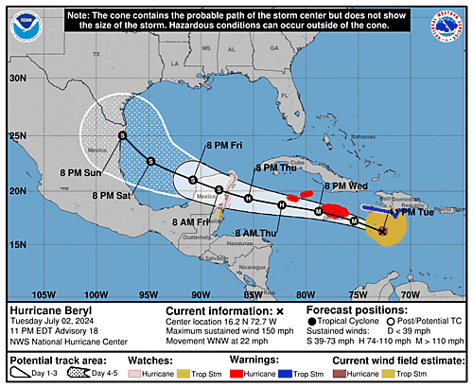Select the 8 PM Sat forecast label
[x=113, y=194]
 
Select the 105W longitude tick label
[x=44, y=294]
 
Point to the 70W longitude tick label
[x=411, y=294]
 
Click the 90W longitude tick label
[x=201, y=294]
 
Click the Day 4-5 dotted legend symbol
[x=72, y=374]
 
